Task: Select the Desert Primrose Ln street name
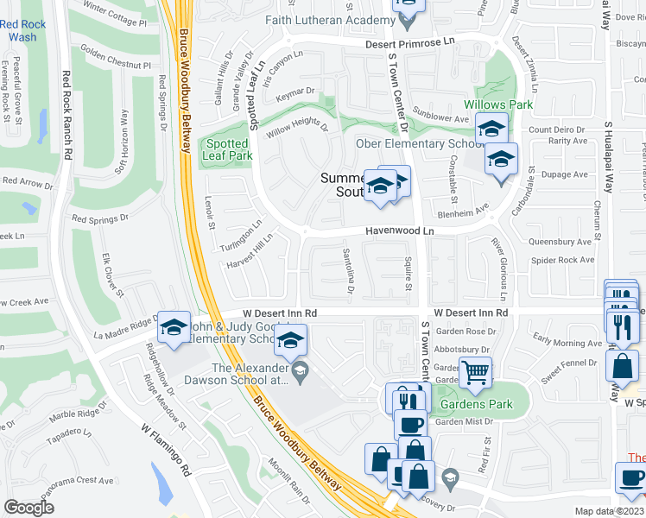point(409,41)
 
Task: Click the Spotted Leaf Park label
point(226,149)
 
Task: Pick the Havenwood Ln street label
point(398,231)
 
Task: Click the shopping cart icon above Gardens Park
point(475,373)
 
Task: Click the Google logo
point(28,508)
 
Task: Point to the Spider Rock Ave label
point(563,260)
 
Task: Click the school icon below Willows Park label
point(491,129)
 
